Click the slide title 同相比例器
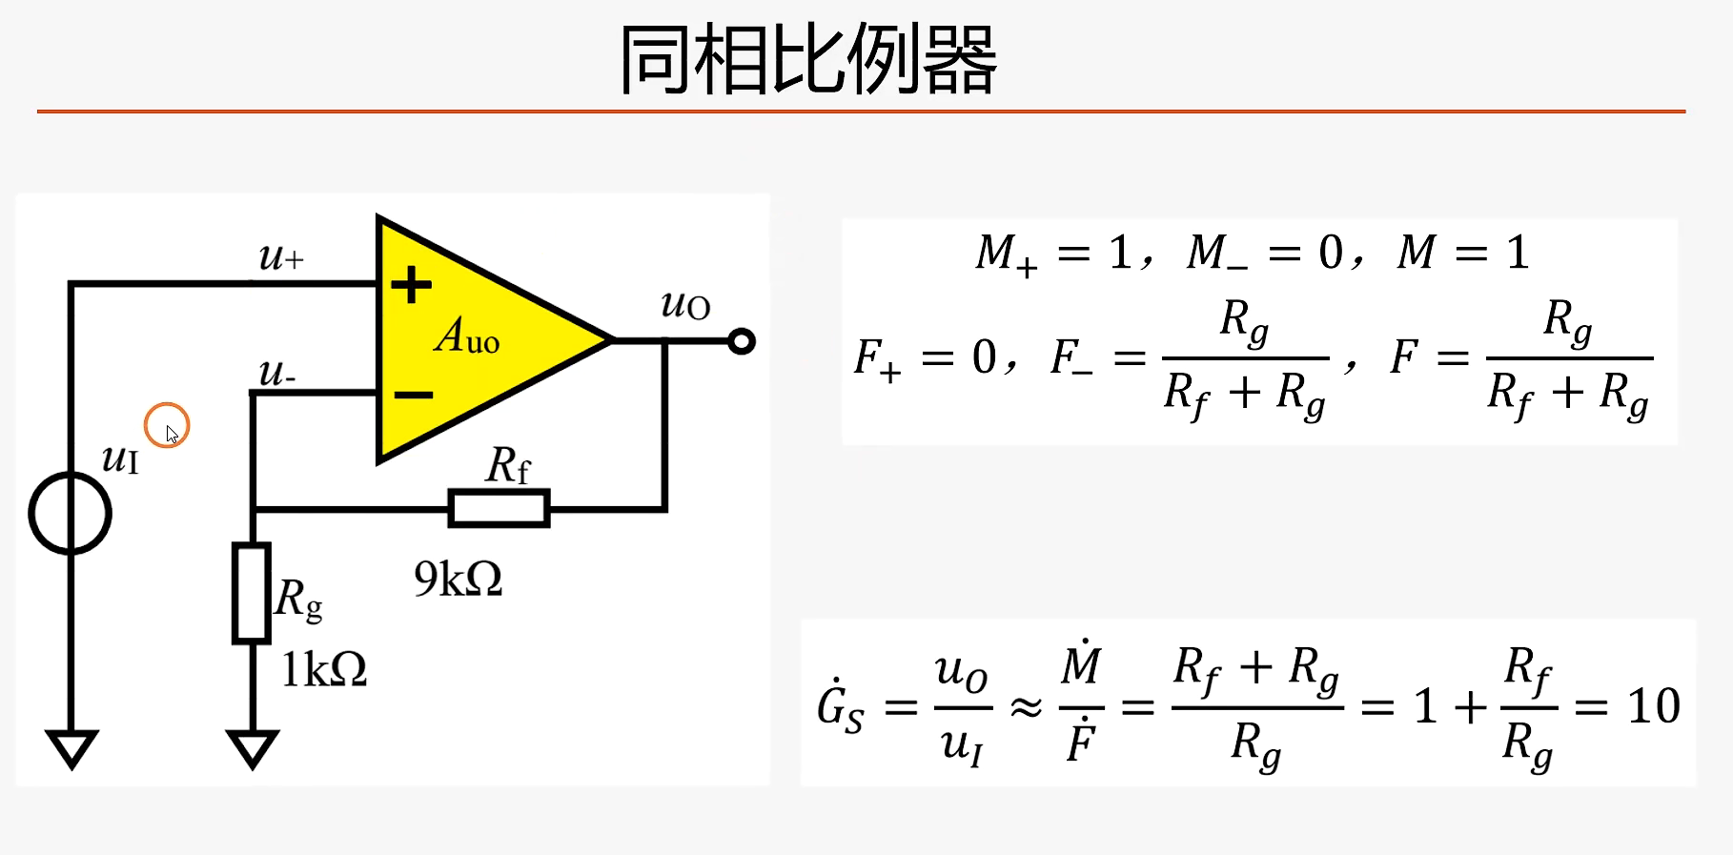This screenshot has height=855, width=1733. (807, 60)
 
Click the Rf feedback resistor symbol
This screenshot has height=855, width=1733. (499, 508)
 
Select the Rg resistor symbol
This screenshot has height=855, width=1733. (252, 593)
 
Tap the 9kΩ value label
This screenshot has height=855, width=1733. (458, 579)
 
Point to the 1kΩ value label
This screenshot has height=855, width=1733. (323, 669)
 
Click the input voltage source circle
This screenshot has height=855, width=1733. (71, 513)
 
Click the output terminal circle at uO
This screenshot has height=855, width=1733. (742, 341)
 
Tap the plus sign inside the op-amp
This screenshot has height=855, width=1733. (412, 284)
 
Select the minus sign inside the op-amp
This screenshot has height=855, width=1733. (413, 394)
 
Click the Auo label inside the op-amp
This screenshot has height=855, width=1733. (467, 336)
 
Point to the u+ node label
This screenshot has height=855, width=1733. (281, 256)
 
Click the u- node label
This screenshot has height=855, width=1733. (276, 372)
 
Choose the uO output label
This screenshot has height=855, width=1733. (685, 305)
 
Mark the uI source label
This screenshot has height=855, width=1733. (121, 459)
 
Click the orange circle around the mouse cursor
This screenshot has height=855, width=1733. (167, 425)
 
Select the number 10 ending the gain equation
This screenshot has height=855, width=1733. (1653, 706)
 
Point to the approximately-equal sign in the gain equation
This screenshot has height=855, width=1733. (1026, 707)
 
